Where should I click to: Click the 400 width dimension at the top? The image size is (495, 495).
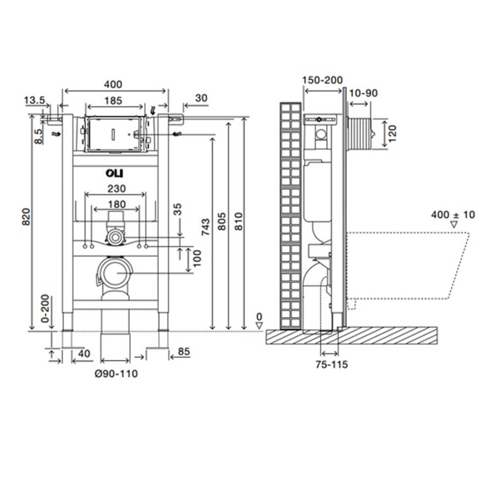click(113, 84)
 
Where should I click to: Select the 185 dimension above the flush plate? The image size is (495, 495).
click(113, 101)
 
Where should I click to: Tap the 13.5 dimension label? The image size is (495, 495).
click(35, 101)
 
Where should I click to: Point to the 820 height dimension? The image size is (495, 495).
click(26, 217)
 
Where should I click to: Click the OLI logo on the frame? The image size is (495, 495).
click(114, 173)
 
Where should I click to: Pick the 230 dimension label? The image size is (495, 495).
click(117, 189)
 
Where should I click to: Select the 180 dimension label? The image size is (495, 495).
click(117, 204)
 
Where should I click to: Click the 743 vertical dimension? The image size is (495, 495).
click(206, 227)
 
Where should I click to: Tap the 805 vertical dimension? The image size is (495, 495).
click(222, 222)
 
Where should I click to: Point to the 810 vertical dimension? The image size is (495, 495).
click(238, 222)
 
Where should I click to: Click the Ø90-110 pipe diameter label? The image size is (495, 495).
click(116, 374)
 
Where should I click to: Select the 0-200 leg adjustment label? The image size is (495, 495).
click(45, 309)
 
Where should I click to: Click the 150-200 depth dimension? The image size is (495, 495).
click(322, 80)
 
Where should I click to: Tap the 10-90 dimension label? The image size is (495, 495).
click(364, 93)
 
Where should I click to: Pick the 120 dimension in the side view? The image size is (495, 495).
click(392, 133)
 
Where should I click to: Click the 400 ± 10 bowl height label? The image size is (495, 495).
click(453, 215)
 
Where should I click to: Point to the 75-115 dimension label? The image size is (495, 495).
click(332, 365)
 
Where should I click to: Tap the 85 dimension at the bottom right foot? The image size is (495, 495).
click(184, 351)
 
